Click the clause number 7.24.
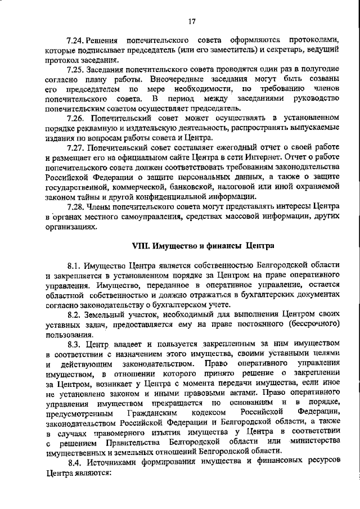pos(75,42)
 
